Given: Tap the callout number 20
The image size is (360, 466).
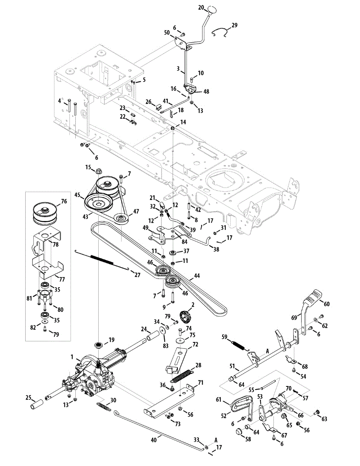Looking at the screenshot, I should pyautogui.click(x=201, y=8).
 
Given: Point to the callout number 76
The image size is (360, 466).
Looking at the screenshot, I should pyautogui.click(x=64, y=201).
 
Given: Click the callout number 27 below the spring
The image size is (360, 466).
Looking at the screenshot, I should pyautogui.click(x=137, y=275).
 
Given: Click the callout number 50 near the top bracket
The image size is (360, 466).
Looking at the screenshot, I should pyautogui.click(x=167, y=33).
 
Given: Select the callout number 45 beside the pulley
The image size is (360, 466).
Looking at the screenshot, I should pyautogui.click(x=77, y=195).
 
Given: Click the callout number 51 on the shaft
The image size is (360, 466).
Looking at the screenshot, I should pyautogui.click(x=232, y=366).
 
